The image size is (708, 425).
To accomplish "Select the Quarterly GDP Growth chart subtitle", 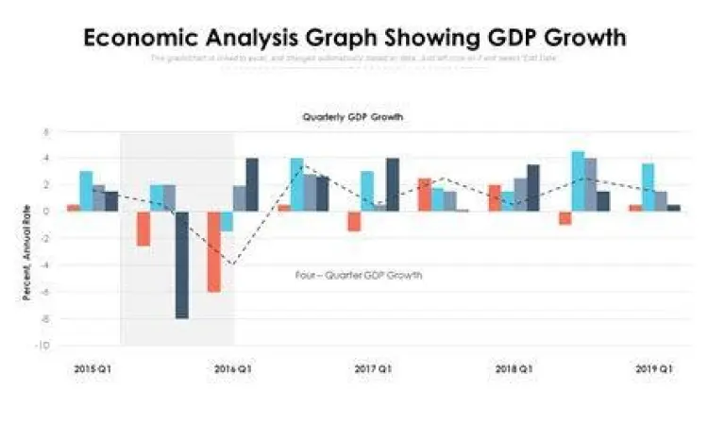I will pos(353,118).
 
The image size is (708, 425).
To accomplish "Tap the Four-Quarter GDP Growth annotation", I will pos(359,276).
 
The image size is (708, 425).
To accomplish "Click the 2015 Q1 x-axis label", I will pos(92,367).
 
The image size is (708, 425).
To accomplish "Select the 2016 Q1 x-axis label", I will pos(232,367).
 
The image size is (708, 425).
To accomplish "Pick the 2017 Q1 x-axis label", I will pos(373,367).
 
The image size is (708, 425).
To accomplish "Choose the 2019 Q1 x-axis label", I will pos(653,367).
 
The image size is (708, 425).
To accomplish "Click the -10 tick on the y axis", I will pos(43,346).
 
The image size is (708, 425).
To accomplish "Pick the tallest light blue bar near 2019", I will pos(578,180).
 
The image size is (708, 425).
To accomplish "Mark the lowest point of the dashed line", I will pos(229,264).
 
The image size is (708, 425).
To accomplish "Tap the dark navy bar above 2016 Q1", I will pos(252,184).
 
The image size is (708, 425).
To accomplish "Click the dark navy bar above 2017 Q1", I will pos(393,184).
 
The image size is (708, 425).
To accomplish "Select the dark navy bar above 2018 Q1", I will pos(533,187).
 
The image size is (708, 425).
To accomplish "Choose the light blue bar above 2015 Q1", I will pos(86,191).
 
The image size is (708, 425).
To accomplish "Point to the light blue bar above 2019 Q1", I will pos(648,187).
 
